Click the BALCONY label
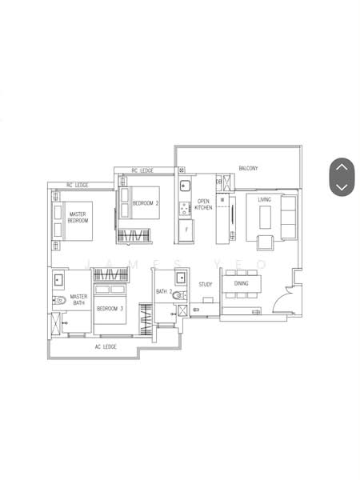(x=248, y=168)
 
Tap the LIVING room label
(x=264, y=199)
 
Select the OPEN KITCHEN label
(x=203, y=205)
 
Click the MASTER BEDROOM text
(x=78, y=218)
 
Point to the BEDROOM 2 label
(x=146, y=203)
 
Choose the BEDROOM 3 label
(x=110, y=309)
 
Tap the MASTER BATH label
(x=78, y=300)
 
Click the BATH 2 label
(x=164, y=291)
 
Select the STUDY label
(x=206, y=284)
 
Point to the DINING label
(x=242, y=283)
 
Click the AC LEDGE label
(x=106, y=347)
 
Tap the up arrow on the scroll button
(x=342, y=167)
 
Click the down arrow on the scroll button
(x=342, y=186)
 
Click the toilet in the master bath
(x=59, y=300)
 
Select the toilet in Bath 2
(x=178, y=295)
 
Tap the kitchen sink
(x=185, y=186)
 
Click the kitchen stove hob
(x=185, y=209)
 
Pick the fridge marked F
(x=186, y=230)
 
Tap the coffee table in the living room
(x=265, y=217)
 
